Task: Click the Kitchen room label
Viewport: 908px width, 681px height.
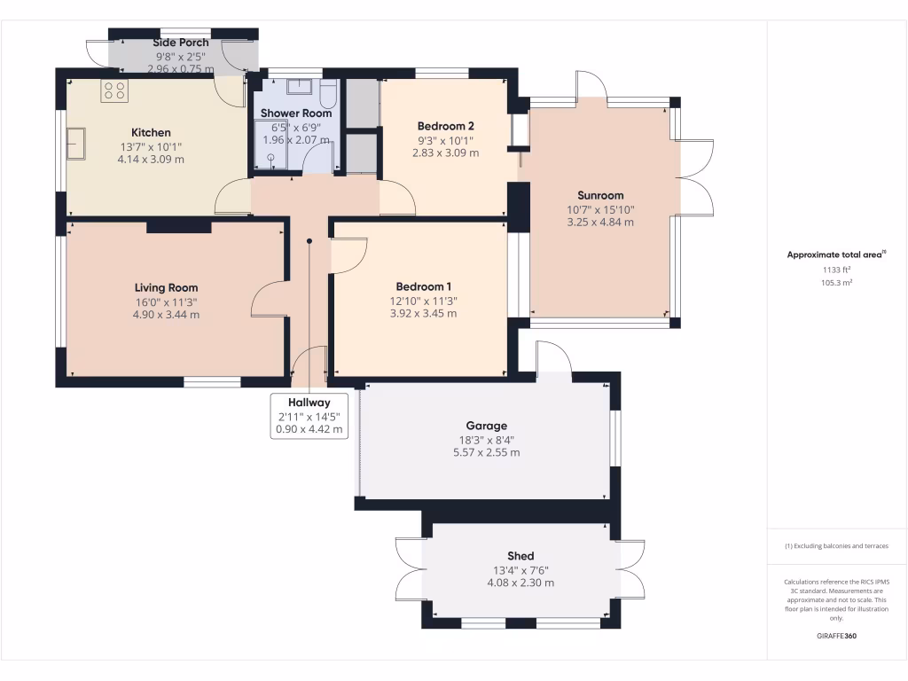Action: (x=151, y=132)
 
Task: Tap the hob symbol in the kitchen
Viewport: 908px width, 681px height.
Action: (x=115, y=90)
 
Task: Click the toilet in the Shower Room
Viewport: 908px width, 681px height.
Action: (x=327, y=92)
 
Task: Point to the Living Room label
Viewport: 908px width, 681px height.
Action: (x=166, y=287)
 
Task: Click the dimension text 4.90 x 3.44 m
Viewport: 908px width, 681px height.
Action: (x=166, y=314)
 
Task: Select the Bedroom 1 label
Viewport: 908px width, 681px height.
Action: (x=423, y=286)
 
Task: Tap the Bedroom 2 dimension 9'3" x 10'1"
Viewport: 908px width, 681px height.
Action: (x=445, y=139)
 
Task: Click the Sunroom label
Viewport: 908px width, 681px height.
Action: (x=600, y=195)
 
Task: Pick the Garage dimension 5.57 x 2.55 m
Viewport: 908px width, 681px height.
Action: (x=486, y=452)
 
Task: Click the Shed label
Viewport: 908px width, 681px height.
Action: (x=521, y=556)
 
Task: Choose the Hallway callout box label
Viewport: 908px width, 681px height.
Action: (x=309, y=403)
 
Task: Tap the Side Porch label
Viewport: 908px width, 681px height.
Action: (x=181, y=43)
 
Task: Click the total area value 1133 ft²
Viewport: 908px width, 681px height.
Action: (x=837, y=270)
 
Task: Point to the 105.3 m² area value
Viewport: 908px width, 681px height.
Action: (x=837, y=283)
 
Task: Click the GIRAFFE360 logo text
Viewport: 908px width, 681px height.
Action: (x=836, y=636)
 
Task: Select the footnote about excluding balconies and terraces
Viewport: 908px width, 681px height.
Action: (x=836, y=546)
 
